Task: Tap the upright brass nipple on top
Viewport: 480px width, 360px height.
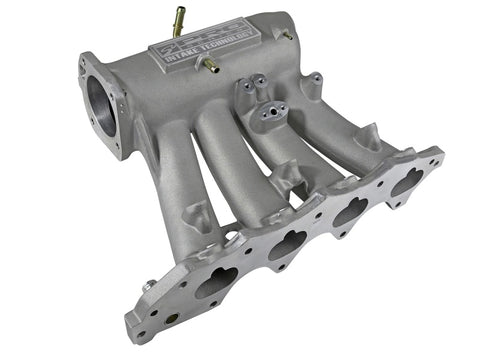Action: click(x=180, y=18)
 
